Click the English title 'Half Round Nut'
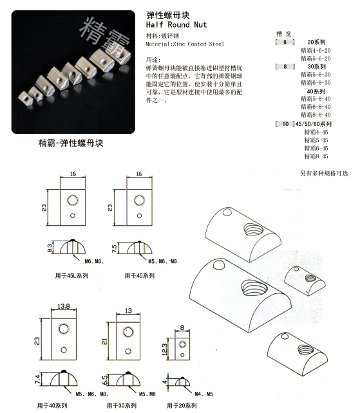click(x=176, y=23)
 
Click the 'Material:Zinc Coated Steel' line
click(x=185, y=44)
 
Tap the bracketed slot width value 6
click(x=280, y=42)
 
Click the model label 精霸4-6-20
click(x=316, y=50)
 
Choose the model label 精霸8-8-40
click(x=316, y=115)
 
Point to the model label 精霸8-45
click(x=316, y=156)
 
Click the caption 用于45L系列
click(x=72, y=275)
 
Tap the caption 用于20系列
click(x=182, y=405)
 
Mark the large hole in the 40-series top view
click(x=63, y=329)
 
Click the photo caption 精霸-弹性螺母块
click(x=71, y=142)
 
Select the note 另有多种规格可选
click(x=323, y=173)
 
